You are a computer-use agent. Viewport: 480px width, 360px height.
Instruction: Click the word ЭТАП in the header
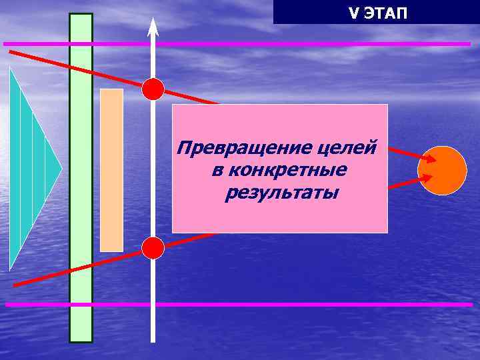(x=385, y=13)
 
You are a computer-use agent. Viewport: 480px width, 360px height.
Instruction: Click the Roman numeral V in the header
(x=353, y=13)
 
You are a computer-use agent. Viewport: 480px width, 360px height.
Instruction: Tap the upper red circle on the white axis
(x=153, y=89)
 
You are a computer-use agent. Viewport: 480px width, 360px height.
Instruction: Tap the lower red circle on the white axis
(x=153, y=248)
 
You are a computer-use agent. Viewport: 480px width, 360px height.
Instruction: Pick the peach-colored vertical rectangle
(x=111, y=170)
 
